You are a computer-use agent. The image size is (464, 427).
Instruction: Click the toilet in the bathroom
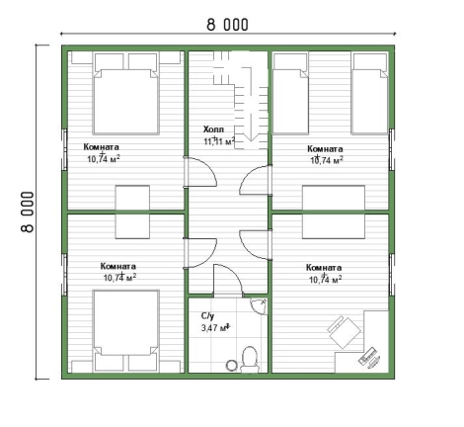(x=250, y=359)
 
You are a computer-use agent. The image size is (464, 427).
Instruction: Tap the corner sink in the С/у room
(x=259, y=305)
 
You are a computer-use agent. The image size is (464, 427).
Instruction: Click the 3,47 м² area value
(x=215, y=328)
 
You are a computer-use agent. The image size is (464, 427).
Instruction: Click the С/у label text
(x=207, y=316)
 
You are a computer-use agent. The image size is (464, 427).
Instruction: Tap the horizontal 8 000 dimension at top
(x=227, y=25)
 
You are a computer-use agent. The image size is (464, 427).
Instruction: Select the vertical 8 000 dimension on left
(x=28, y=212)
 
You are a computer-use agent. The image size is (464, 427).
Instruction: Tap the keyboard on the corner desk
(x=368, y=356)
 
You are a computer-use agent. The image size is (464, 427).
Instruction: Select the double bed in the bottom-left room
(x=126, y=330)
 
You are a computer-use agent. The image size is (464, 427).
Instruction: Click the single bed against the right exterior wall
(x=369, y=94)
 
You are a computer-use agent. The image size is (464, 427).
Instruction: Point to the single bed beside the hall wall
(x=291, y=94)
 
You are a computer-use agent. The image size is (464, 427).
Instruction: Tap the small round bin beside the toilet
(x=232, y=365)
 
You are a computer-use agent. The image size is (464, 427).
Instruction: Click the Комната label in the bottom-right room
(x=324, y=268)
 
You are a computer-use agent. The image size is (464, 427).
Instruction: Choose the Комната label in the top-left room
(x=102, y=147)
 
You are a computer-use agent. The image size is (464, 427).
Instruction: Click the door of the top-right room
(x=254, y=180)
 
